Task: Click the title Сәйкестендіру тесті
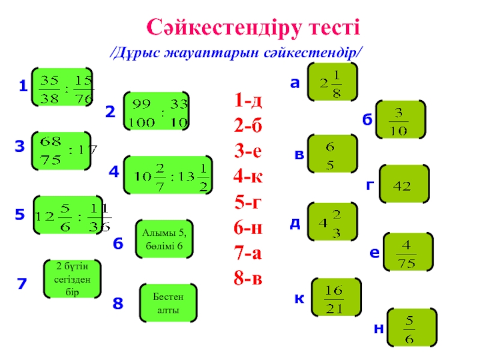tap(253, 26)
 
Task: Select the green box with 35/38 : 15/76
tap(61, 88)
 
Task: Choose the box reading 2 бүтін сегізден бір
tap(72, 279)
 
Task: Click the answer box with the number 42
tap(404, 186)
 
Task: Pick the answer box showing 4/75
tap(407, 252)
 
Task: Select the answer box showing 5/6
tap(409, 328)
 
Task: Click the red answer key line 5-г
tap(249, 203)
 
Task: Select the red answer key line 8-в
tap(249, 280)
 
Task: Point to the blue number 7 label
tap(22, 284)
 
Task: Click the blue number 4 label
tap(114, 173)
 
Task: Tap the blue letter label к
tap(298, 298)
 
